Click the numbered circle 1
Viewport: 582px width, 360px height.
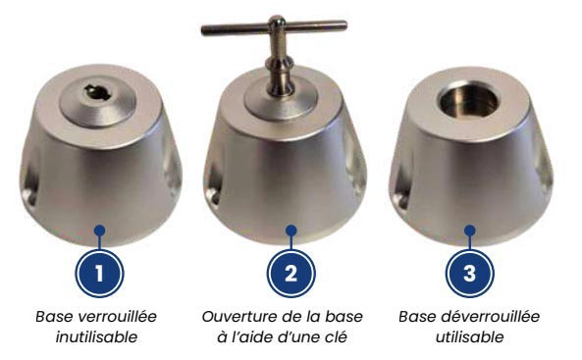(x=99, y=274)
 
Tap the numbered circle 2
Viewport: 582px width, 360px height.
(x=291, y=274)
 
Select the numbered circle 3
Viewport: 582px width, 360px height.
(x=469, y=274)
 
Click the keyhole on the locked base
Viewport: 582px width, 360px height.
(x=96, y=92)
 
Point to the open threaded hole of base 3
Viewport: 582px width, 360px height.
(x=468, y=101)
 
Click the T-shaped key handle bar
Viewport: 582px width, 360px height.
(x=274, y=27)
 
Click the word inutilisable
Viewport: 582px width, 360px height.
(x=96, y=337)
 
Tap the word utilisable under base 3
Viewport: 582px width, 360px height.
(x=469, y=337)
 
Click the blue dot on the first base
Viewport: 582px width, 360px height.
(x=99, y=231)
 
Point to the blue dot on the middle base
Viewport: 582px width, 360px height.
(x=291, y=231)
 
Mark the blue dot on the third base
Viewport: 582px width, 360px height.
(x=470, y=231)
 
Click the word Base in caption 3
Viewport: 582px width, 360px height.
(x=417, y=317)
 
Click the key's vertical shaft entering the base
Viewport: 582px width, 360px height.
(x=279, y=67)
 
